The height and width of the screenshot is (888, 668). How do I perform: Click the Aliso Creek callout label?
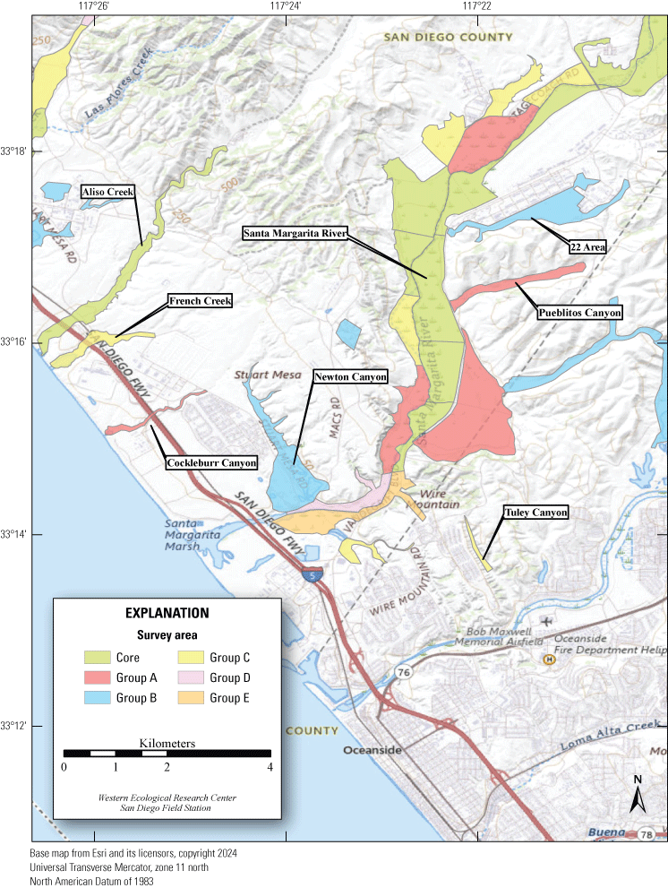[x=108, y=192]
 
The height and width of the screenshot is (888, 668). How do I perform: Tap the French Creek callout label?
[x=200, y=302]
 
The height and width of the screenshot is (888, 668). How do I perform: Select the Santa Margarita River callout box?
[x=295, y=233]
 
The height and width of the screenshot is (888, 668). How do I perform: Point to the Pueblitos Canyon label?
[x=578, y=312]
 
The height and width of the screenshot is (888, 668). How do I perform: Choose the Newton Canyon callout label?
[x=350, y=377]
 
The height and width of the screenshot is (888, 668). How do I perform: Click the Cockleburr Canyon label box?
[x=210, y=463]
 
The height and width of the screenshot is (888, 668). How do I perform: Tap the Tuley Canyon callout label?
[x=535, y=513]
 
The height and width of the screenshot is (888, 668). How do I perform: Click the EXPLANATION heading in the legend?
[x=167, y=614]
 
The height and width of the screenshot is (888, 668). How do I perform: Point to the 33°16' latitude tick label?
[x=15, y=342]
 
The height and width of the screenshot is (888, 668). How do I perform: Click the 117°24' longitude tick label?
[x=285, y=6]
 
